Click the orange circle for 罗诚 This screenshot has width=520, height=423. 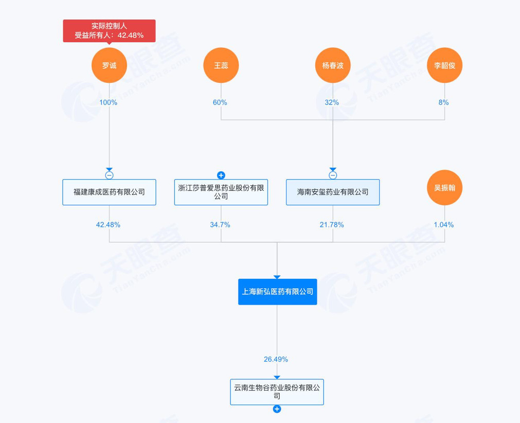tap(109, 65)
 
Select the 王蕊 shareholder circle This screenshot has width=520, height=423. tap(221, 65)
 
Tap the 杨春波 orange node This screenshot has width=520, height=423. tap(333, 65)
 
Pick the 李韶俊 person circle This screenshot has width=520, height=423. tap(444, 65)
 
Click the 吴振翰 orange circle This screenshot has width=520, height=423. tap(444, 188)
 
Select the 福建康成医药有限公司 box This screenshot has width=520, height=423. tap(109, 192)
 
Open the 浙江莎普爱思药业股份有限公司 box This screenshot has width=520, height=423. tap(221, 192)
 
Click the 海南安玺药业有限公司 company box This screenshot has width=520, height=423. tap(333, 192)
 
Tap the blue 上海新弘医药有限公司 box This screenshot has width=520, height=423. tap(277, 291)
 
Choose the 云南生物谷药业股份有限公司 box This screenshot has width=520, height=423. tap(277, 392)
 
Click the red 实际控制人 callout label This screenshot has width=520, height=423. tap(109, 30)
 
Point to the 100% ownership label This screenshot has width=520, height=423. tap(109, 102)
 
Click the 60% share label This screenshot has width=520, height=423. tap(220, 102)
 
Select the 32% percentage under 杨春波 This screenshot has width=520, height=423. tap(332, 102)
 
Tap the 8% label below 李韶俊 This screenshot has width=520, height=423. tap(443, 102)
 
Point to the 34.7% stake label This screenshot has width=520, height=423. tap(220, 225)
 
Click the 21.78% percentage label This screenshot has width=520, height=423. tap(332, 225)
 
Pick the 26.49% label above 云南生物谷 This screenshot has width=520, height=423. tap(276, 359)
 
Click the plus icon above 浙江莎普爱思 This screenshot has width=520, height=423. tap(221, 175)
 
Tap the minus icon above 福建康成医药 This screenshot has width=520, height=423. tap(109, 175)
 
